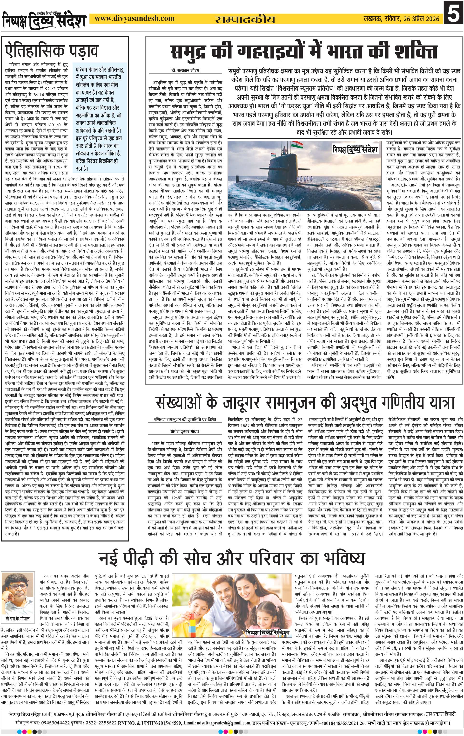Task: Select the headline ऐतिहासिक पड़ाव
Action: tap(52, 51)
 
